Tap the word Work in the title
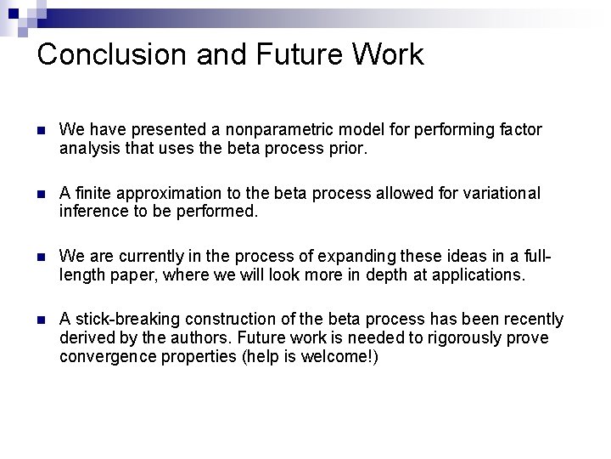pyautogui.click(x=386, y=54)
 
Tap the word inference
pyautogui.click(x=91, y=211)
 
